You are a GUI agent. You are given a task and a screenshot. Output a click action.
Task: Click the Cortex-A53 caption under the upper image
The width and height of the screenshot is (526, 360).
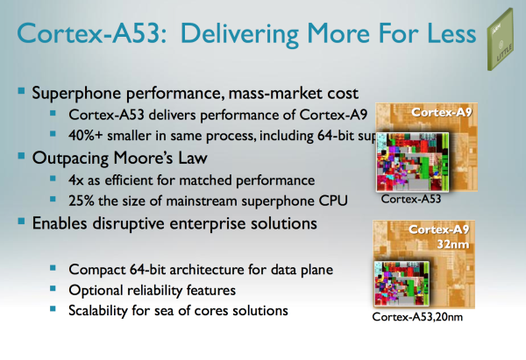pos(411,199)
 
